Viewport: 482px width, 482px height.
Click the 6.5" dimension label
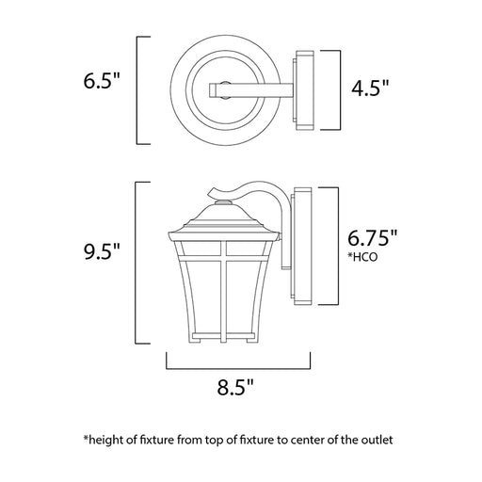click(x=102, y=81)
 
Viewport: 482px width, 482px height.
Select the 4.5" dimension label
click(x=370, y=88)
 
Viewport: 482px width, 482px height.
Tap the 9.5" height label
click(x=102, y=251)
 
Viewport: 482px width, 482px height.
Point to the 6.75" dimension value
click(x=372, y=238)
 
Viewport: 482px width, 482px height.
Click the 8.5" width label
click(x=235, y=387)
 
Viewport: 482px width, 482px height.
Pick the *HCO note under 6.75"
click(x=362, y=257)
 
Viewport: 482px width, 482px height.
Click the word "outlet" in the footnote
click(x=377, y=440)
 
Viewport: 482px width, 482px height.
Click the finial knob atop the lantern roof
click(x=223, y=202)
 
